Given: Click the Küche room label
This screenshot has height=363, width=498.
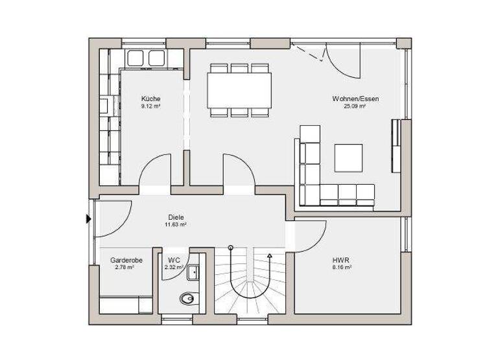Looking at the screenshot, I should (151, 99).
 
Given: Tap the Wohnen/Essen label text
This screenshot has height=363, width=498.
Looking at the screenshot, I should (355, 99).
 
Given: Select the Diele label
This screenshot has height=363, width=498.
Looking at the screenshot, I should (175, 217).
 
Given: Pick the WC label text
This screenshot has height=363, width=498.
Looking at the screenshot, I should (173, 259).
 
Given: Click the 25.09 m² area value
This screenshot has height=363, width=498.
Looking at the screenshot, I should (355, 106).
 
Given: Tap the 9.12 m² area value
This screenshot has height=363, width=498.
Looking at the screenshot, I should (151, 106).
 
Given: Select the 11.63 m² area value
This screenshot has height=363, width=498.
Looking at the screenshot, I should (175, 225).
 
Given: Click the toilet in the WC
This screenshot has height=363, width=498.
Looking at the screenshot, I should (187, 299).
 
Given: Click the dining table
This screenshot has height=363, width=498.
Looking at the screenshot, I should (239, 91).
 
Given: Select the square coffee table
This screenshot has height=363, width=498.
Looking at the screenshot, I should (348, 158).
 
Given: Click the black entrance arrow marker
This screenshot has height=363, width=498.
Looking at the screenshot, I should (89, 219).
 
